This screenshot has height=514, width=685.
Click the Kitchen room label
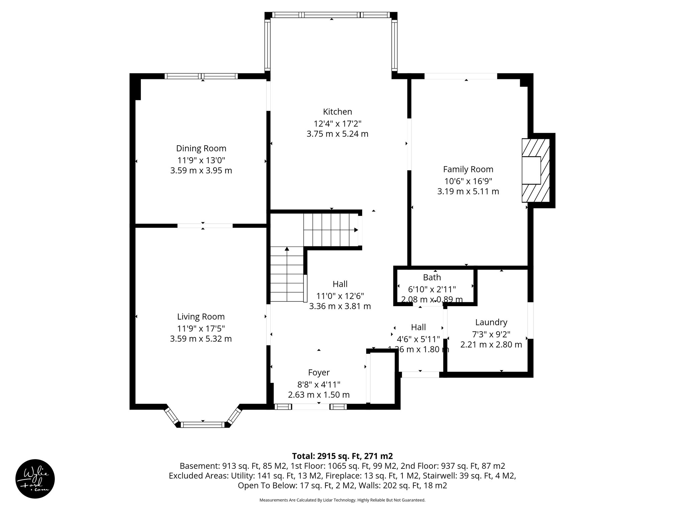(x=337, y=112)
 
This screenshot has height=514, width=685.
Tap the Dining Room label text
(x=201, y=148)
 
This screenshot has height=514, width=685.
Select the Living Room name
(x=201, y=317)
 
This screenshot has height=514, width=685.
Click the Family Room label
(x=468, y=169)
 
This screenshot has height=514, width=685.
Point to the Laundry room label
(x=491, y=322)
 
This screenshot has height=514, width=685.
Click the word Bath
(x=432, y=277)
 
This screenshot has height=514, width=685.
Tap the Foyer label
(x=319, y=372)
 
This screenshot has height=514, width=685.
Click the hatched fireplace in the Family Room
(x=536, y=171)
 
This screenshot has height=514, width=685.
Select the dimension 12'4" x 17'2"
(x=337, y=124)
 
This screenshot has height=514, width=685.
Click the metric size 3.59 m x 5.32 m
(x=201, y=339)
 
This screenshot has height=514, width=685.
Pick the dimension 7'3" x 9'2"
(x=491, y=334)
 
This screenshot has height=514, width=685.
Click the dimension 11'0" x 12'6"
(x=340, y=296)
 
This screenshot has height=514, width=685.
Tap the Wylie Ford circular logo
(x=35, y=479)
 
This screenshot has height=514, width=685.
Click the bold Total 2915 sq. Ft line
(x=342, y=456)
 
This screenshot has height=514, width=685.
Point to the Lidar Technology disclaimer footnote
(x=342, y=500)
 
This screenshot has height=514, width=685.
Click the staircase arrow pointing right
(x=356, y=230)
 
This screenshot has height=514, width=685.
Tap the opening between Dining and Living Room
(x=205, y=226)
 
